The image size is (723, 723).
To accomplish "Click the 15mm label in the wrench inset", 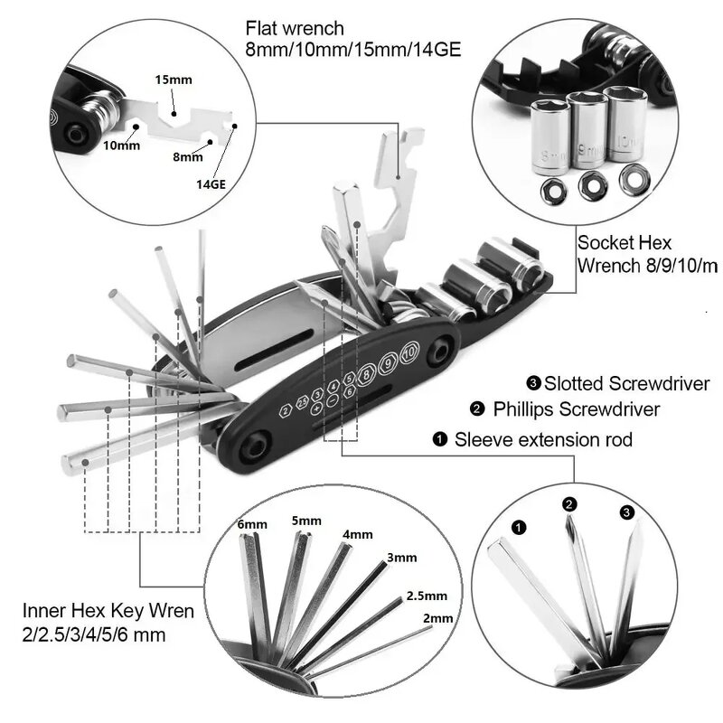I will click(x=174, y=80).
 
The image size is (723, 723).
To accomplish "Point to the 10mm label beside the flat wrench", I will click(x=122, y=146).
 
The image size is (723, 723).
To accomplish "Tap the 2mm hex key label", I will click(x=437, y=618).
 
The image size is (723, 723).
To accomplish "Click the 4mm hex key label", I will click(x=356, y=534).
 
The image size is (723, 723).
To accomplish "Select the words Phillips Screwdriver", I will click(x=576, y=409).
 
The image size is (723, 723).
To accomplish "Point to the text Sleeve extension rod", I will click(x=542, y=440).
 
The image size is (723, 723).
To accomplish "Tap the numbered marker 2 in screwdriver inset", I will click(x=569, y=504).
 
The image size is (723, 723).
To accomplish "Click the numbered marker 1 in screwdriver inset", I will click(x=518, y=525).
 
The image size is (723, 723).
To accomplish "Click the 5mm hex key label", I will click(x=306, y=521).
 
